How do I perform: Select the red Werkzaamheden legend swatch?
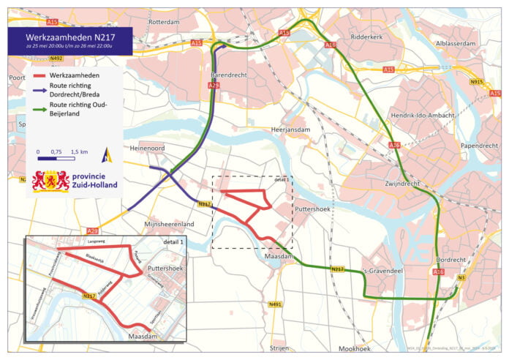click(39, 75)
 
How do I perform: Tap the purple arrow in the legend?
click(39, 86)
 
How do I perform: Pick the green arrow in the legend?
click(39, 108)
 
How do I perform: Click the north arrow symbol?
click(107, 154)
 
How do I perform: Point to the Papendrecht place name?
click(479, 146)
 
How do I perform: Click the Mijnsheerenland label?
click(169, 222)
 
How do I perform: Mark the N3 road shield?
click(461, 278)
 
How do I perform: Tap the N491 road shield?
click(275, 304)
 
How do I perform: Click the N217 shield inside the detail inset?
click(89, 296)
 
